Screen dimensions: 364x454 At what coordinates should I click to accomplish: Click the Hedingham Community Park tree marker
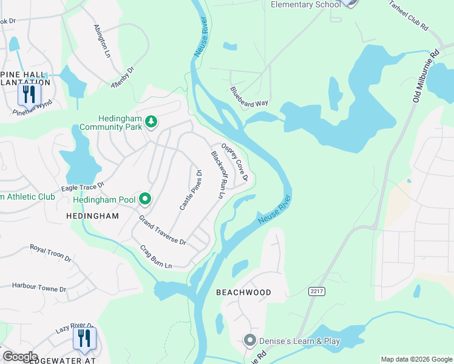point(151,123)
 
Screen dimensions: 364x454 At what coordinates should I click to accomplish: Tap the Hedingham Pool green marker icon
point(144,199)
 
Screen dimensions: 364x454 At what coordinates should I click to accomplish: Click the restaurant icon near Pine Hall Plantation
point(29,94)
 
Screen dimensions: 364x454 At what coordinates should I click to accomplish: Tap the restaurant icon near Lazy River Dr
point(84,338)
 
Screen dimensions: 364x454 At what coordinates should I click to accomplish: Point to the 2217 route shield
point(317,292)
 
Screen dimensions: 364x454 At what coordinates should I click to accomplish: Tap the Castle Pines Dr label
point(191,190)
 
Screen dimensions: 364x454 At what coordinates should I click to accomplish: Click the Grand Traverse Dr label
point(163,231)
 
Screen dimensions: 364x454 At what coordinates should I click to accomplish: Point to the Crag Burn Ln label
point(156,257)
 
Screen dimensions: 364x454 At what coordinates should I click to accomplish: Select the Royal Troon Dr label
point(51,253)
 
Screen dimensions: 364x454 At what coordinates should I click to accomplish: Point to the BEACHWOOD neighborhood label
point(243,292)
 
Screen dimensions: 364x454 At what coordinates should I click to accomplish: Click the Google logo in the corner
point(20,356)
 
